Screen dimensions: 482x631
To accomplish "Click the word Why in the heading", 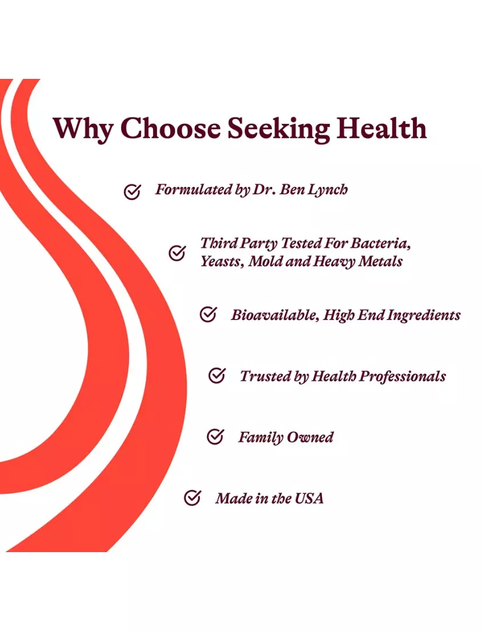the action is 83,129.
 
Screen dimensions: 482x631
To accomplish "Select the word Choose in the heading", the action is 170,129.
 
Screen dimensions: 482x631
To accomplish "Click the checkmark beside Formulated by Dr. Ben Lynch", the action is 132,192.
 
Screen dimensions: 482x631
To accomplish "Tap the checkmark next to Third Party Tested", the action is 177,253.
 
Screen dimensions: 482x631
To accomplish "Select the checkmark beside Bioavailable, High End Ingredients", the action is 208,314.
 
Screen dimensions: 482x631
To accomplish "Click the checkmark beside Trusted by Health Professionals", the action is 216,376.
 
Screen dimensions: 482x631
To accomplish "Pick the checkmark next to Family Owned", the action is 215,437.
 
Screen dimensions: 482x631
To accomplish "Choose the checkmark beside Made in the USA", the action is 192,498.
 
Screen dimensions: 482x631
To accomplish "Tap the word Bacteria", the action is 380,243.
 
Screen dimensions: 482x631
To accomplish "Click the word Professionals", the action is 402,377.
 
